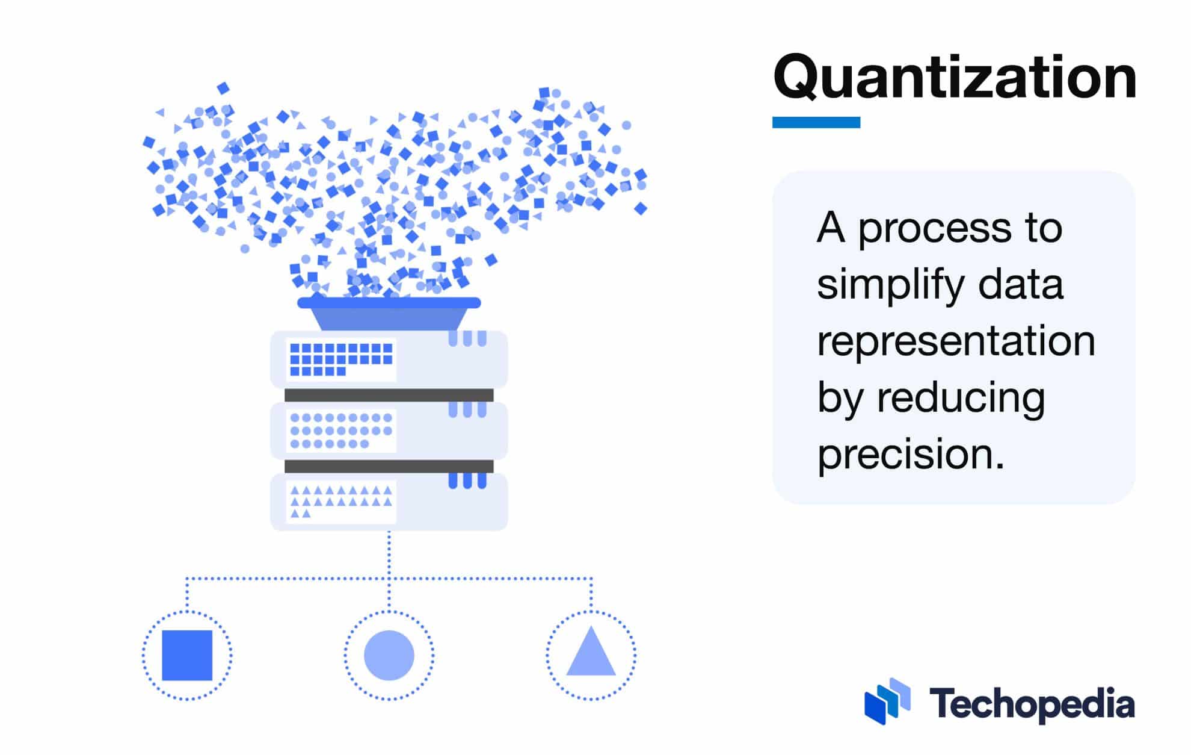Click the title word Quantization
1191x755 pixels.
point(955,77)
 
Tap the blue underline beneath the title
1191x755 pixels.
point(816,122)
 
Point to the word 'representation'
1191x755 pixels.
point(956,341)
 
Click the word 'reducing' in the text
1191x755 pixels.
point(961,398)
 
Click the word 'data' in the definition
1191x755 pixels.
point(1021,285)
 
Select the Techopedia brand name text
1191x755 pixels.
point(1032,704)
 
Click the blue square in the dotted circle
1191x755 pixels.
point(187,655)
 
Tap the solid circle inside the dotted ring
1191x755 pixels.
point(389,655)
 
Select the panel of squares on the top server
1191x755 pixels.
point(341,359)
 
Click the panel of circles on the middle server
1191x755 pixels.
point(341,430)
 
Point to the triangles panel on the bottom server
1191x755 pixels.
point(341,502)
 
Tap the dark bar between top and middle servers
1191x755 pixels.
point(389,395)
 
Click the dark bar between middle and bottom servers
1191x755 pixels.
point(389,466)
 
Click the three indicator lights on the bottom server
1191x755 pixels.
point(467,480)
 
